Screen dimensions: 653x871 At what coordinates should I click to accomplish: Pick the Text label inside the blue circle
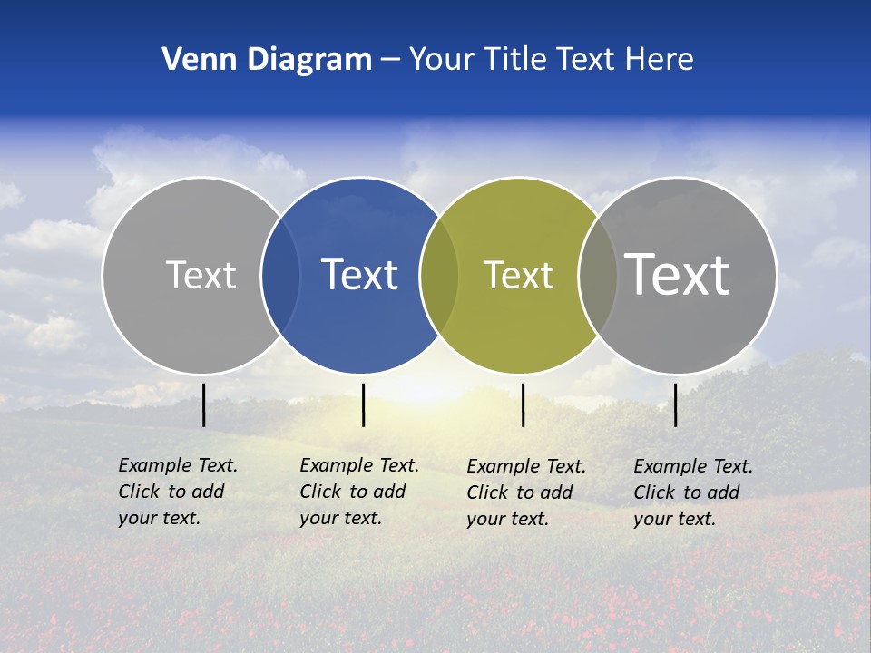coord(359,275)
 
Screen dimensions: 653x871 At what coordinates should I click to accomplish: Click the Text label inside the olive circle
coord(518,275)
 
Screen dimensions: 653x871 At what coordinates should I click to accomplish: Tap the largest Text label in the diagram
coord(677,274)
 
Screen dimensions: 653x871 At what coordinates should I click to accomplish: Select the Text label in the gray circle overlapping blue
coord(201,275)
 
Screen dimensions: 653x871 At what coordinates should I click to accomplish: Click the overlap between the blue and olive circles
coord(439,275)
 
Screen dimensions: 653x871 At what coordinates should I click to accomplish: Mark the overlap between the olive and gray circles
coord(598,275)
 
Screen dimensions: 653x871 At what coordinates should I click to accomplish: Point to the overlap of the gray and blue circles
coord(280,275)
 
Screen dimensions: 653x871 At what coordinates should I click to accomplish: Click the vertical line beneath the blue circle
coord(363,404)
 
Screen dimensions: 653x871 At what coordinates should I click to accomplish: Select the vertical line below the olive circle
coord(523,404)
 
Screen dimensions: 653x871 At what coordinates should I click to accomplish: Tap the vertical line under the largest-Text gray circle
coord(675,404)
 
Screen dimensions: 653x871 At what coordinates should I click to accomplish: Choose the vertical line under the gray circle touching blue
coord(203,404)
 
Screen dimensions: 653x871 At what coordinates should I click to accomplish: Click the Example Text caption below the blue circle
coord(358,492)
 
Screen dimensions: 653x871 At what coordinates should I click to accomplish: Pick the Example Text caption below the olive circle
coord(525,492)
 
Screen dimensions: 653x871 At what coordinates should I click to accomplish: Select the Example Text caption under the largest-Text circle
coord(692,492)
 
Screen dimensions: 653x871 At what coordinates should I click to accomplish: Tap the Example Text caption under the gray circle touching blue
coord(177,492)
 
